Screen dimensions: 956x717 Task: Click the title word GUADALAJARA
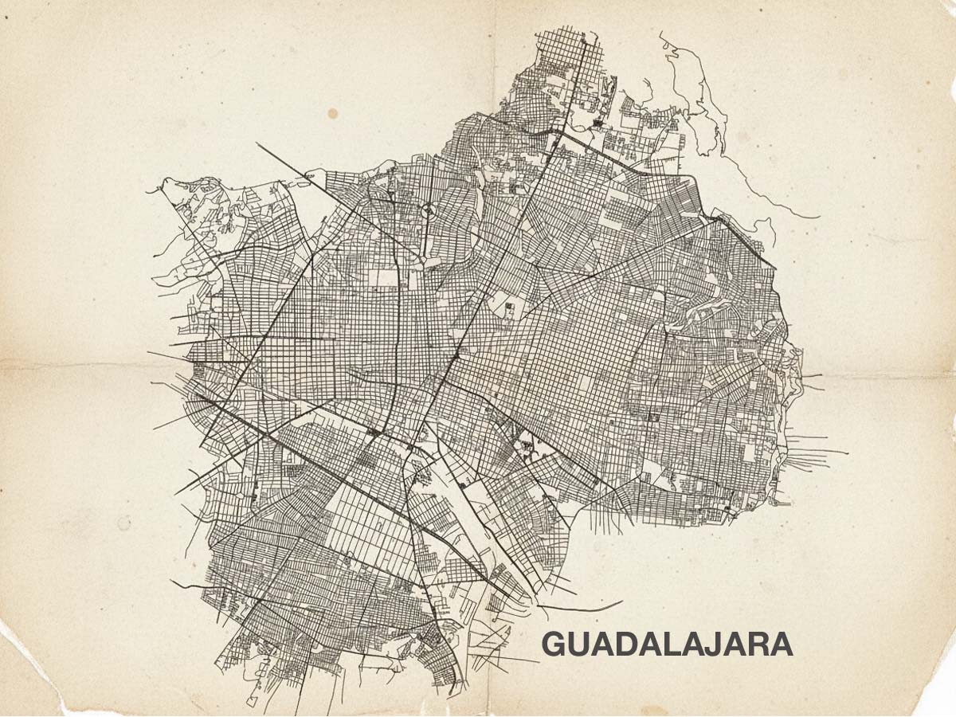pyautogui.click(x=668, y=645)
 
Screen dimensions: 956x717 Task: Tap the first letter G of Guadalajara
pyautogui.click(x=554, y=645)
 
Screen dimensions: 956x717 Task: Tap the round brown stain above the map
pyautogui.click(x=333, y=114)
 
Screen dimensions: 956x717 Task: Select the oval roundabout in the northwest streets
pyautogui.click(x=428, y=211)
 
